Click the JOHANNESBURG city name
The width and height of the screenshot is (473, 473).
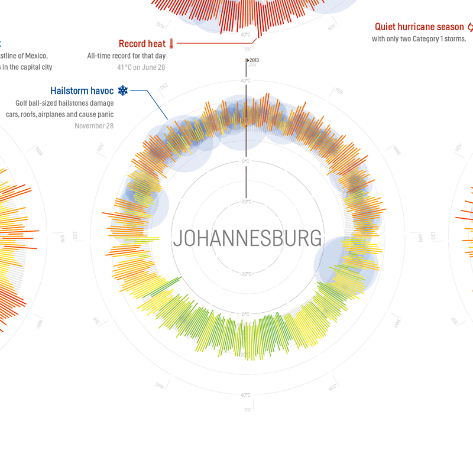248,238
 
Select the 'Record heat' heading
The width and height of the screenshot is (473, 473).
142,44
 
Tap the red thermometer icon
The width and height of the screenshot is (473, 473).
171,44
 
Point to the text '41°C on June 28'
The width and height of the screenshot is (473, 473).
141,67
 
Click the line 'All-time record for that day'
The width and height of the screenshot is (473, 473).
126,56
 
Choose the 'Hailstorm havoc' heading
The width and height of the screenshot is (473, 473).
82,91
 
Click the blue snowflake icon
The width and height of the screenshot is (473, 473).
123,90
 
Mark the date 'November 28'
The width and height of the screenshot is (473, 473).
94,126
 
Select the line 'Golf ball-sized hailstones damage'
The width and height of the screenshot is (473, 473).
64,103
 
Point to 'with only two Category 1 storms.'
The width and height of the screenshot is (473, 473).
419,39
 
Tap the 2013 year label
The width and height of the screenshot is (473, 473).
254,60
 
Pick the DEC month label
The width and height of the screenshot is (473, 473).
164,89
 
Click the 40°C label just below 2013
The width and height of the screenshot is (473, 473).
245,80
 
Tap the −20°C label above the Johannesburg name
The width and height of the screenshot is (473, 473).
245,202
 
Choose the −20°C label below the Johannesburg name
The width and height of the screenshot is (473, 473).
245,274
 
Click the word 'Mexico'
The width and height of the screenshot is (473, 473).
35,56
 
